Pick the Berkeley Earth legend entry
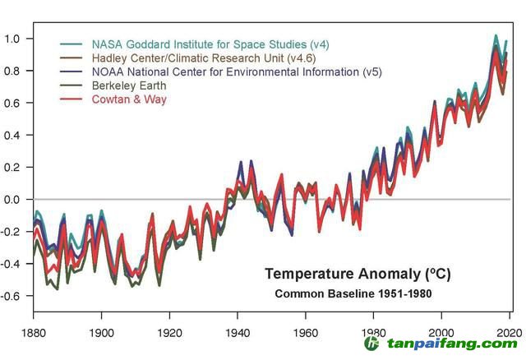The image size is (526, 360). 129,85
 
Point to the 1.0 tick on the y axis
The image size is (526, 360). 16,39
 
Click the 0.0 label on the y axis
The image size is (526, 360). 16,200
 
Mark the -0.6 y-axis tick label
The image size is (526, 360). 14,296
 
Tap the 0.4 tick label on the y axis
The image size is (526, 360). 16,135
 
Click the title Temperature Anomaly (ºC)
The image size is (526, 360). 358,274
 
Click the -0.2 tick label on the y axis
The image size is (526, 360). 14,232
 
